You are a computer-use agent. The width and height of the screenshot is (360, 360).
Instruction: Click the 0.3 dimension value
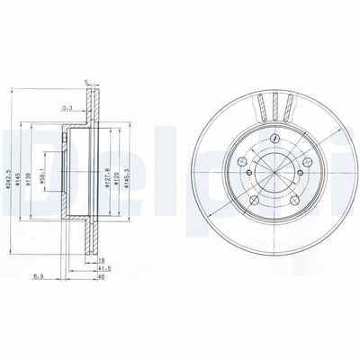tap(66, 109)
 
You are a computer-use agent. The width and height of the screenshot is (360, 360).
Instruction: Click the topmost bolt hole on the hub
tap(271, 140)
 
